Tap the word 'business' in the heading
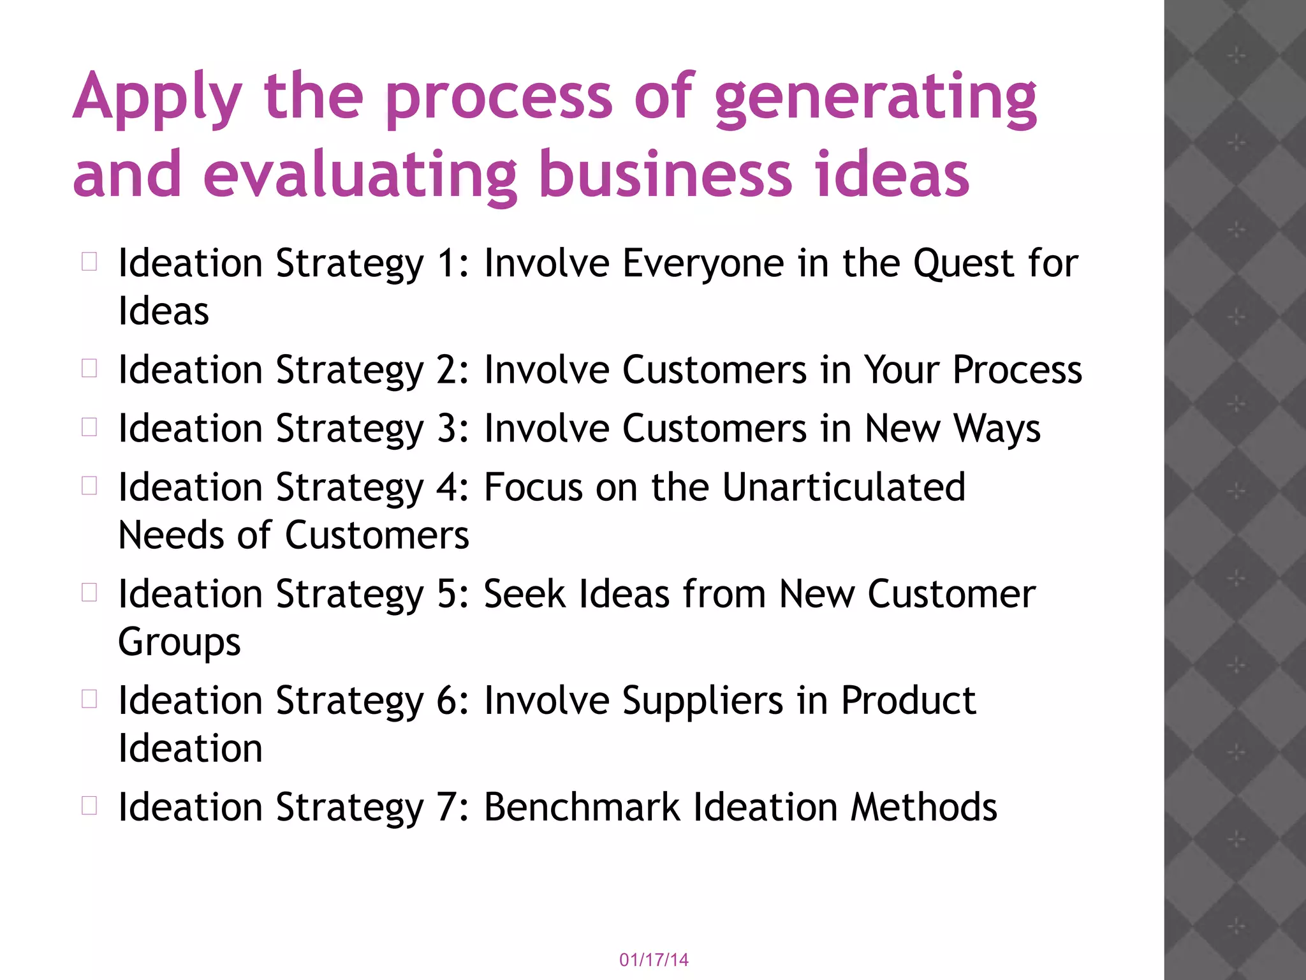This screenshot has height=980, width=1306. [x=666, y=175]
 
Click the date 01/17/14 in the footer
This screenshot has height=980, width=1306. [x=654, y=960]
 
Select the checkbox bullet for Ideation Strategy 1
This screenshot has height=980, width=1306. [x=89, y=262]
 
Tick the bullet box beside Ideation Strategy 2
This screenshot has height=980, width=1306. [x=89, y=368]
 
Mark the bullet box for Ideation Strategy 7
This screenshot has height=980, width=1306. [x=89, y=805]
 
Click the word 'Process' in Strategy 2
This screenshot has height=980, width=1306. [x=1017, y=370]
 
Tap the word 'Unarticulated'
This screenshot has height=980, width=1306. [x=844, y=487]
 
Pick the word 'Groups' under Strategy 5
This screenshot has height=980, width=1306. [x=180, y=643]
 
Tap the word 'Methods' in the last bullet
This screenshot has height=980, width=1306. [x=924, y=807]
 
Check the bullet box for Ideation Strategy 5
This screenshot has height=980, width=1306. [x=89, y=593]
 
